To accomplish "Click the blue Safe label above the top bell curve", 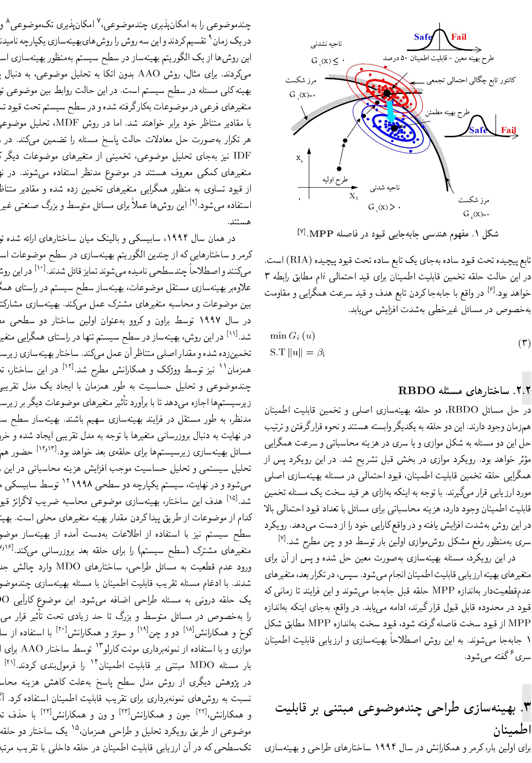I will [x=422, y=37].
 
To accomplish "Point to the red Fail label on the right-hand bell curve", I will [x=509, y=130].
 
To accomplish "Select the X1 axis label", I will [x=354, y=196].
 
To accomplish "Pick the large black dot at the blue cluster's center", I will [x=394, y=128].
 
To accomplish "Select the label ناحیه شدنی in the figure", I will [x=385, y=188].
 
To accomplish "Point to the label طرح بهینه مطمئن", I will [x=447, y=112].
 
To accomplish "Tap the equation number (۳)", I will [x=524, y=343].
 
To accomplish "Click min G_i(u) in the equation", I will [x=292, y=336].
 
